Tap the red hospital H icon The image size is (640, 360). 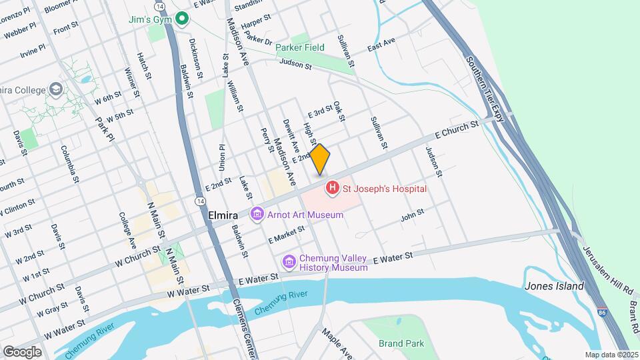332,189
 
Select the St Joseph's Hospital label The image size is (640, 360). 384,189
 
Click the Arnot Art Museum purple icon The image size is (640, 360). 257,215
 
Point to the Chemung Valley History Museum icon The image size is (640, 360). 289,262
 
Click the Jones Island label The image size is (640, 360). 554,286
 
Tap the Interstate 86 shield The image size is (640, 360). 603,311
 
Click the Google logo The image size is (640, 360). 22,351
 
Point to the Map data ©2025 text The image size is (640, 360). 611,355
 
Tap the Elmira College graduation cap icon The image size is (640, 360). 56,90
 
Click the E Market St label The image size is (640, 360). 286,234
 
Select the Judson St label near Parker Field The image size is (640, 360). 296,64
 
